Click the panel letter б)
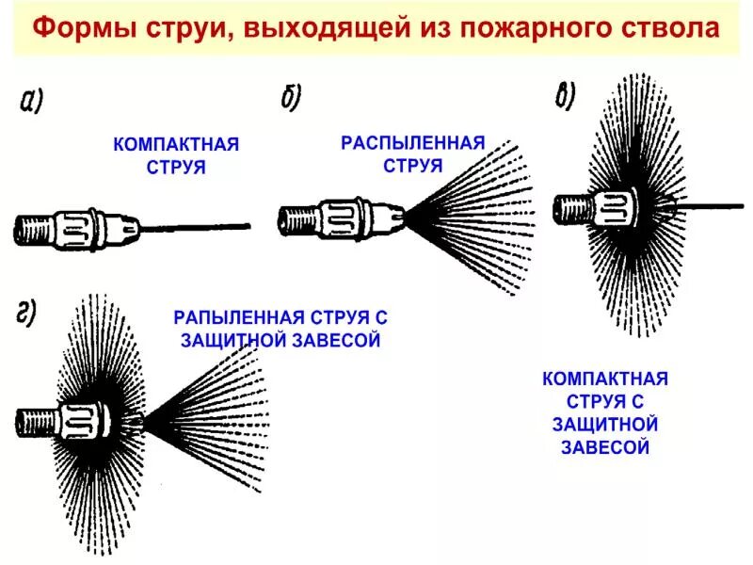click(x=290, y=97)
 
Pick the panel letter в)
click(x=565, y=95)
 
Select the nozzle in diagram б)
click(x=344, y=218)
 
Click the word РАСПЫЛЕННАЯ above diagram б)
click(x=412, y=144)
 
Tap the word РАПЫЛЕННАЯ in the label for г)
click(x=234, y=318)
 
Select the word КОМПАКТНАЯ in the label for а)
click(x=176, y=145)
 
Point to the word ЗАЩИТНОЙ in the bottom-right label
click(x=605, y=425)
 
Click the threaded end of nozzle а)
click(x=32, y=229)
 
